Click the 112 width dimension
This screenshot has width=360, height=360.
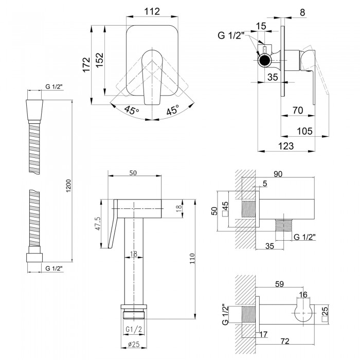(152, 12)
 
